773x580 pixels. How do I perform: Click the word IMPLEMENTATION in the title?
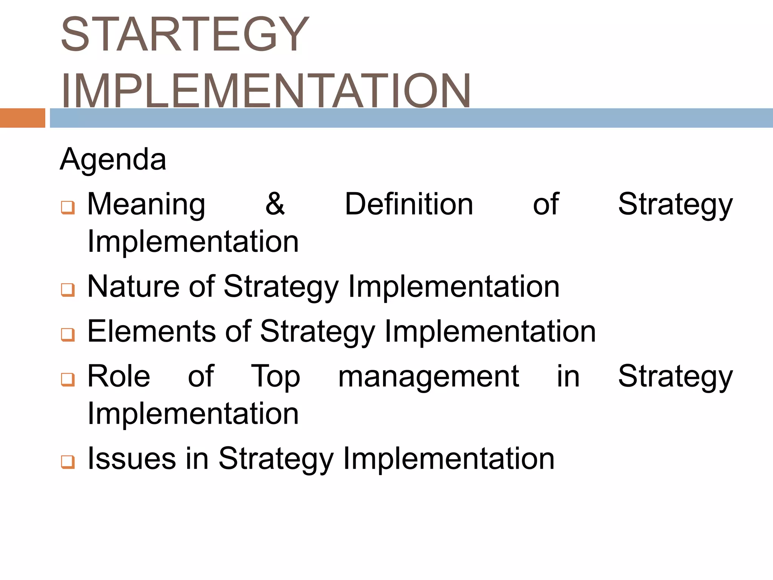coord(266,91)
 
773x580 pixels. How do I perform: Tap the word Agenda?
coord(113,159)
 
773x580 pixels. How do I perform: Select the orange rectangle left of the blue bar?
coord(22,118)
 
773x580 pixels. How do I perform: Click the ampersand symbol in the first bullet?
coord(275,204)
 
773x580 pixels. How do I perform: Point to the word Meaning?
coord(146,205)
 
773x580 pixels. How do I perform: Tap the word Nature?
coord(133,286)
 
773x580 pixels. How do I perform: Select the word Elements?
coord(151,331)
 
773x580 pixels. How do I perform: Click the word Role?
coord(119,376)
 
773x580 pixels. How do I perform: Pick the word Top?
coord(276,377)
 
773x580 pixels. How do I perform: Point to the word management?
coord(428,377)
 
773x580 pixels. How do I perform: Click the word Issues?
coord(132,458)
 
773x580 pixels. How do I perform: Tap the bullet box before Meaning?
coord(68,207)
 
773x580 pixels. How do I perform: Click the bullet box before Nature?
coord(68,290)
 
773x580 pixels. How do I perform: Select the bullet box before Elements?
coord(68,334)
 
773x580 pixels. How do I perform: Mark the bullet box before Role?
coord(68,379)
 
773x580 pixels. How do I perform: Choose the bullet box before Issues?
coord(68,461)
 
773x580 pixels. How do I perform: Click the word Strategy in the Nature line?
coord(281,287)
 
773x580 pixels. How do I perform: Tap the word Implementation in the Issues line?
coord(448,458)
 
